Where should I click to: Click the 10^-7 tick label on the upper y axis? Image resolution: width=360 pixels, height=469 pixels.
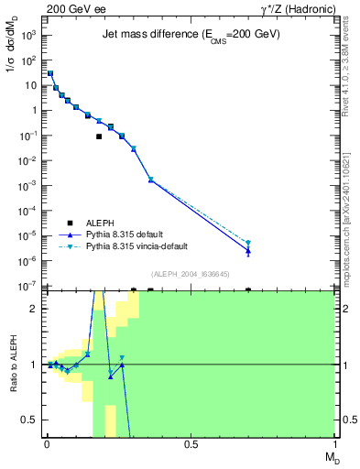(x=28, y=286)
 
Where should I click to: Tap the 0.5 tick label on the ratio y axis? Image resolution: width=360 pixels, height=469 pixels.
(x=29, y=420)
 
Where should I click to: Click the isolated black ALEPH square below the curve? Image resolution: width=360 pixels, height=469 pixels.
(x=99, y=136)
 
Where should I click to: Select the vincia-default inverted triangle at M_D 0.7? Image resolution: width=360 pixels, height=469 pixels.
(x=248, y=243)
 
